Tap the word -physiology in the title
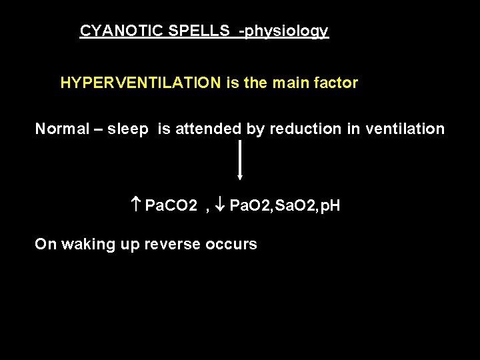tap(284, 31)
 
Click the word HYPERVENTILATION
tap(141, 83)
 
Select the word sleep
tap(127, 129)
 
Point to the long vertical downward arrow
tap(240, 160)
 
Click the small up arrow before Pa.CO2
tap(136, 205)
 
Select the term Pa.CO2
tap(171, 205)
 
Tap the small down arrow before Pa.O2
tap(221, 205)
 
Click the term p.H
tap(328, 206)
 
